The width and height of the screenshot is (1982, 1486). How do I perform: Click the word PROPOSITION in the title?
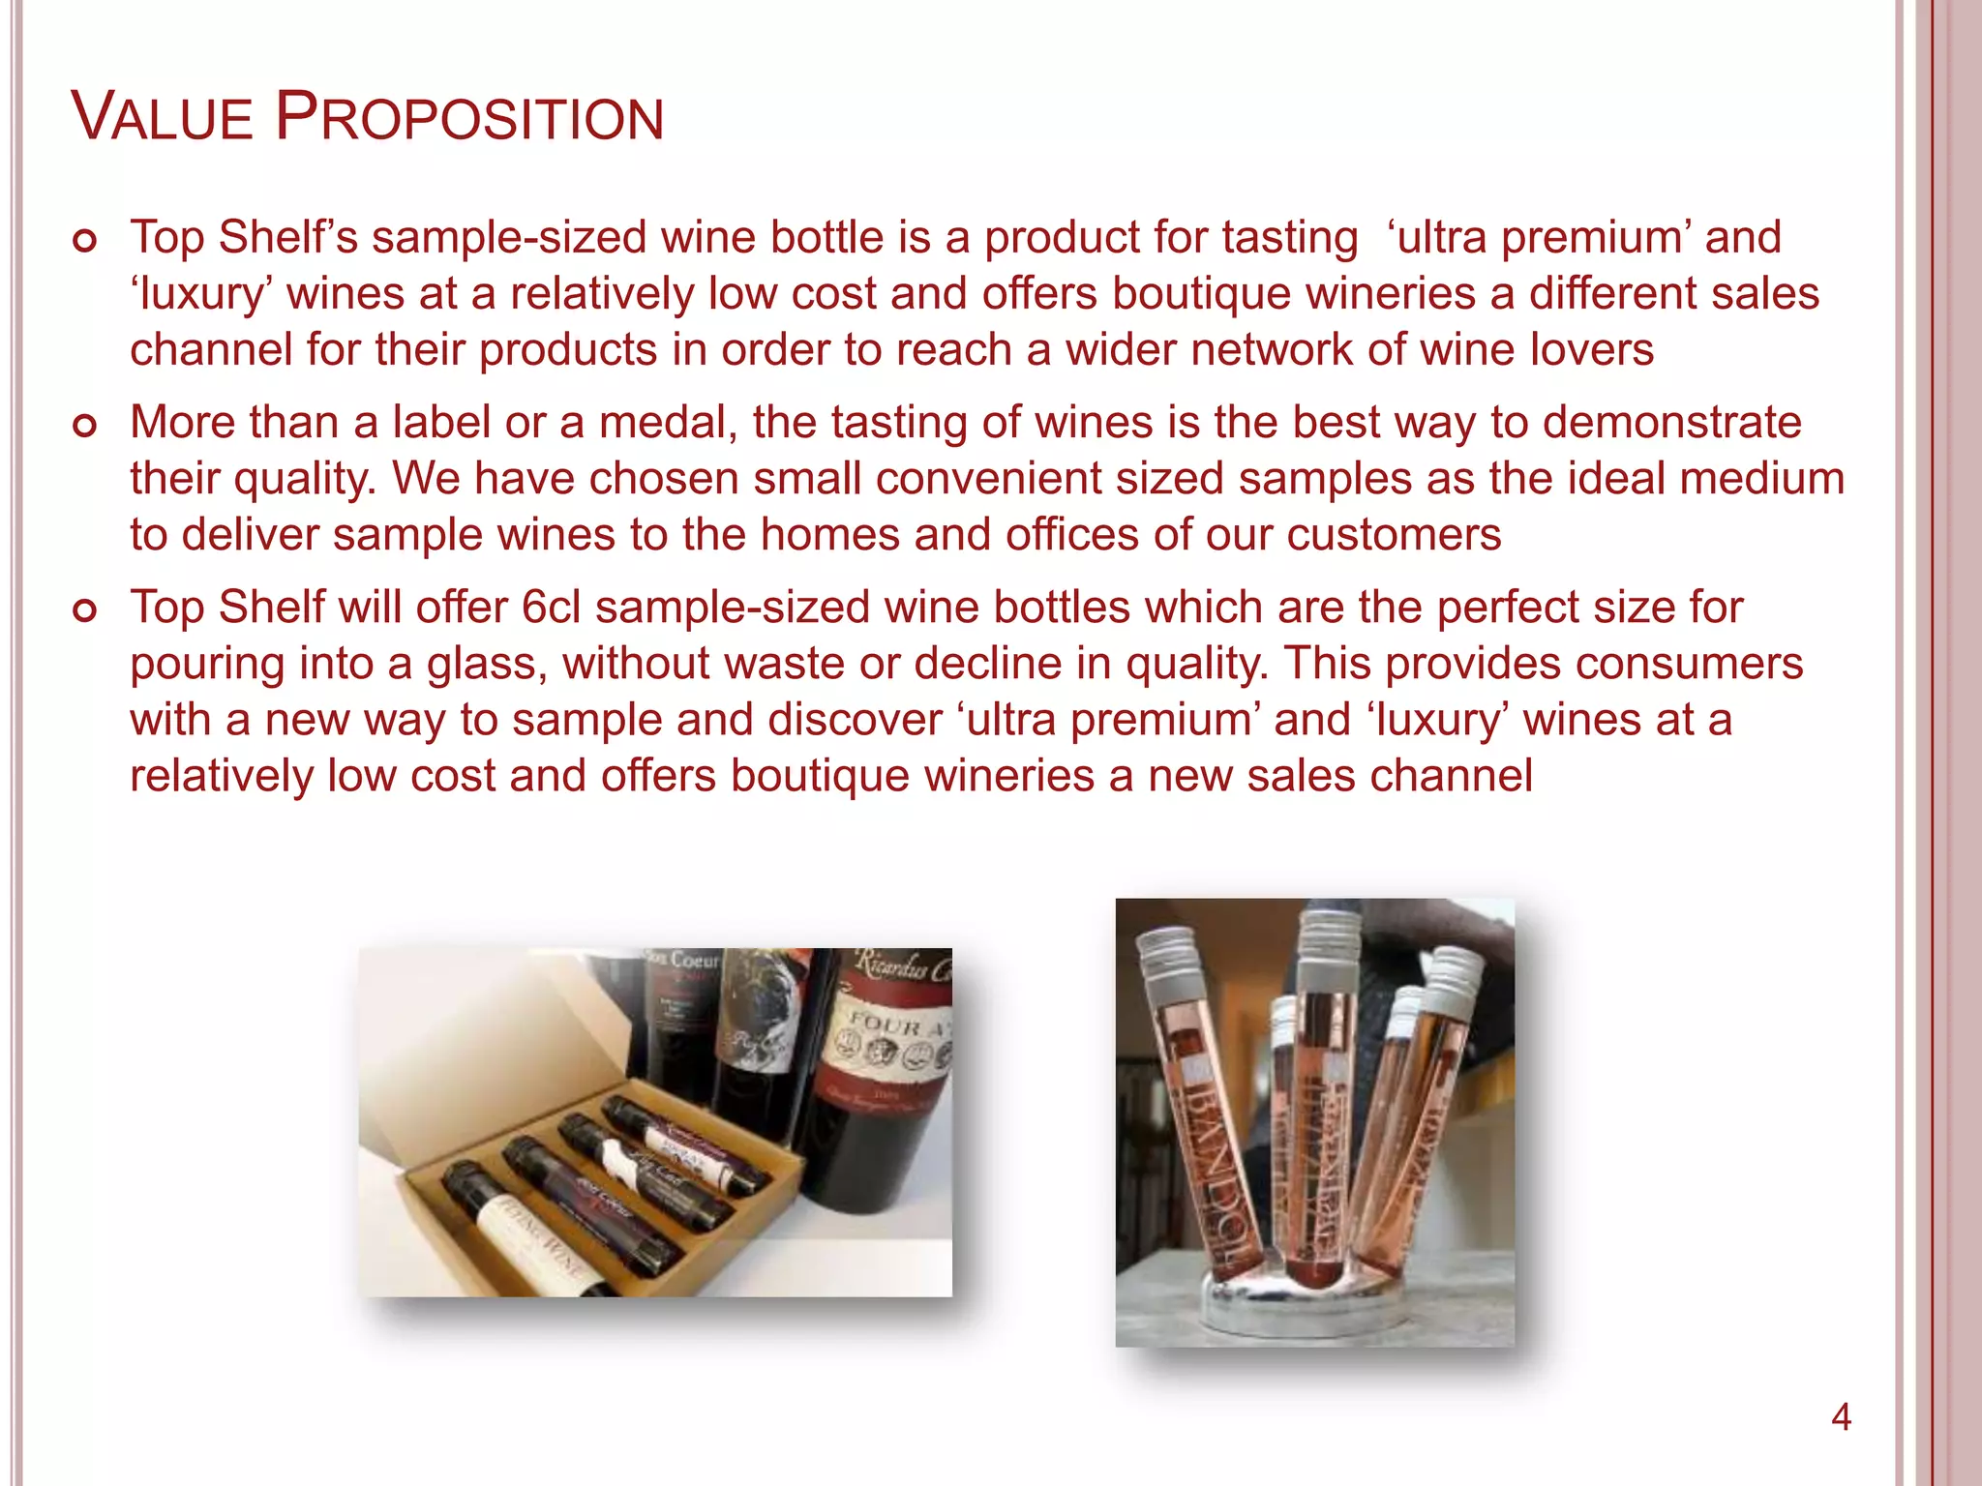click(x=469, y=117)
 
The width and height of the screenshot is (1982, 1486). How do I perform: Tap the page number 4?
click(x=1841, y=1418)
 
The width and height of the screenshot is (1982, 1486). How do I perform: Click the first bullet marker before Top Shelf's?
click(x=85, y=241)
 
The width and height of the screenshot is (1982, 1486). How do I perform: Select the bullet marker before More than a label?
click(x=85, y=426)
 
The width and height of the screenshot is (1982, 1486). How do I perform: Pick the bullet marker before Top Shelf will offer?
click(x=85, y=610)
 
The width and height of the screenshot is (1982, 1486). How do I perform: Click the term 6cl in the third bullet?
click(x=551, y=608)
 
